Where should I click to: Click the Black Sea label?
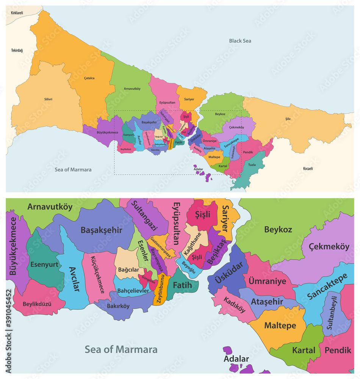(x=240, y=41)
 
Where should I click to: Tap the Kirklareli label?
(x=17, y=13)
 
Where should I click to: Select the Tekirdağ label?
(x=17, y=50)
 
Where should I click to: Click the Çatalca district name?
(x=89, y=78)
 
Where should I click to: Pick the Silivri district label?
(x=48, y=99)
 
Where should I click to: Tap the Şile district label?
(x=288, y=119)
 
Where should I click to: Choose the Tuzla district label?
(x=252, y=165)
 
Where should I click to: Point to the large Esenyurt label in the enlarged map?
(x=44, y=264)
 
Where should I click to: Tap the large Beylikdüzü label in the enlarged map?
(x=37, y=304)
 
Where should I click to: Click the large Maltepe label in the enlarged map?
(x=280, y=325)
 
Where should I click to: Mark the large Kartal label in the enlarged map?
(x=304, y=350)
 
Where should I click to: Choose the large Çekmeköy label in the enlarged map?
(x=329, y=246)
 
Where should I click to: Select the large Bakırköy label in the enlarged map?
(x=118, y=306)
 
